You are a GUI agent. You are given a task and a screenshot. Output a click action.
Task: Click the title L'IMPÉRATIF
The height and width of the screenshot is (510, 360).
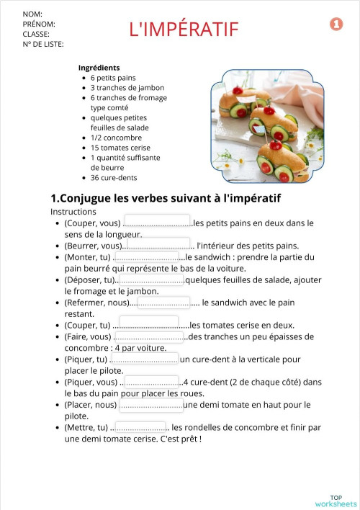point(184,30)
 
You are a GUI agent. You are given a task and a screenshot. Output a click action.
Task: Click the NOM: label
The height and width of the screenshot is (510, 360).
point(32,14)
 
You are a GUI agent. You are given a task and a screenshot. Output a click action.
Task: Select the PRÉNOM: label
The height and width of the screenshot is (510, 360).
point(39,24)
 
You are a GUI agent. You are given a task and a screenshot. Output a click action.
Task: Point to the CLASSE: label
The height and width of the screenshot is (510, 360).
point(36,34)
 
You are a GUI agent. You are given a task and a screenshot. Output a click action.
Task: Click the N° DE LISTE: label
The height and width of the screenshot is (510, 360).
point(43,44)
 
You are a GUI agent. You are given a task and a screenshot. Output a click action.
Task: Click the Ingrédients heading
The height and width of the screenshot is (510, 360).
point(99,68)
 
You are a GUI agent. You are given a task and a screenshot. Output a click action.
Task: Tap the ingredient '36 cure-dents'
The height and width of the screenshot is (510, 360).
point(114,177)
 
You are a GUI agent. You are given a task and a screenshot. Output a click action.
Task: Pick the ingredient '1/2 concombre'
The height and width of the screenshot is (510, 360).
point(116,138)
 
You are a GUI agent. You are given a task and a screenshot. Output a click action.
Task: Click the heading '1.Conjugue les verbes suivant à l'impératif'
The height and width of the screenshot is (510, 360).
point(166,198)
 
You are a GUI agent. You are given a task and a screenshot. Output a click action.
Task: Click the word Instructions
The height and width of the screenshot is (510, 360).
point(73,212)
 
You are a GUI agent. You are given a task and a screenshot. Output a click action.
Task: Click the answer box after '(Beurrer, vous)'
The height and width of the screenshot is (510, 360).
point(160,245)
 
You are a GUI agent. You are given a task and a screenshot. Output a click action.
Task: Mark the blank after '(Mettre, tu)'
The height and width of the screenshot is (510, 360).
point(140,427)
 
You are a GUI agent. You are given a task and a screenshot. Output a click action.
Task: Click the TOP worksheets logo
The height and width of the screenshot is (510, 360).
point(336,501)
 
